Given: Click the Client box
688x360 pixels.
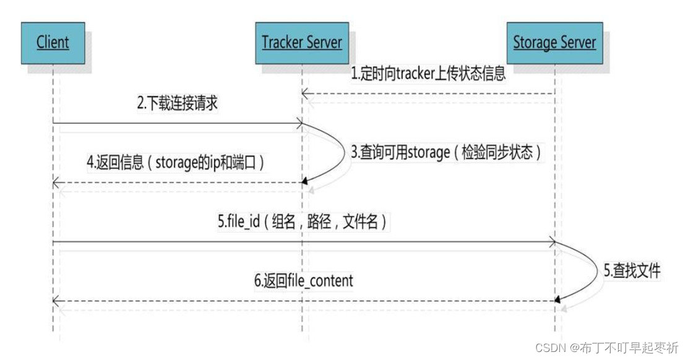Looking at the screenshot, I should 52,43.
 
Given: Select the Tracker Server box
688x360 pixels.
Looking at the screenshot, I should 302,43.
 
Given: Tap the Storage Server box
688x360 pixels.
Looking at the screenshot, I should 554,43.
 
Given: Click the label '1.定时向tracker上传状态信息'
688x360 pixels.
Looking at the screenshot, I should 428,74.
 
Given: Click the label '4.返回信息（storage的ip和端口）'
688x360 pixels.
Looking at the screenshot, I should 178,164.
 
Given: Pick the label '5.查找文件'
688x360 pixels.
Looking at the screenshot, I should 632,270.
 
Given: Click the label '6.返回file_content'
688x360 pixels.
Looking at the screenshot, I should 303,281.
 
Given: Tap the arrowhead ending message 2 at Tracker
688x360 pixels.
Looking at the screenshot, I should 299,122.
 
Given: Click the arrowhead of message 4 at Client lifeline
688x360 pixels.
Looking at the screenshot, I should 56,182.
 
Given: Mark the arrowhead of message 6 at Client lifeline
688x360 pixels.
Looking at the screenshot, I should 56,301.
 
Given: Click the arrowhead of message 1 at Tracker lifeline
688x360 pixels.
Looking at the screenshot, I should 305,93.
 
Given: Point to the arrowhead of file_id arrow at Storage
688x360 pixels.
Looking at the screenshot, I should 551,242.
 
